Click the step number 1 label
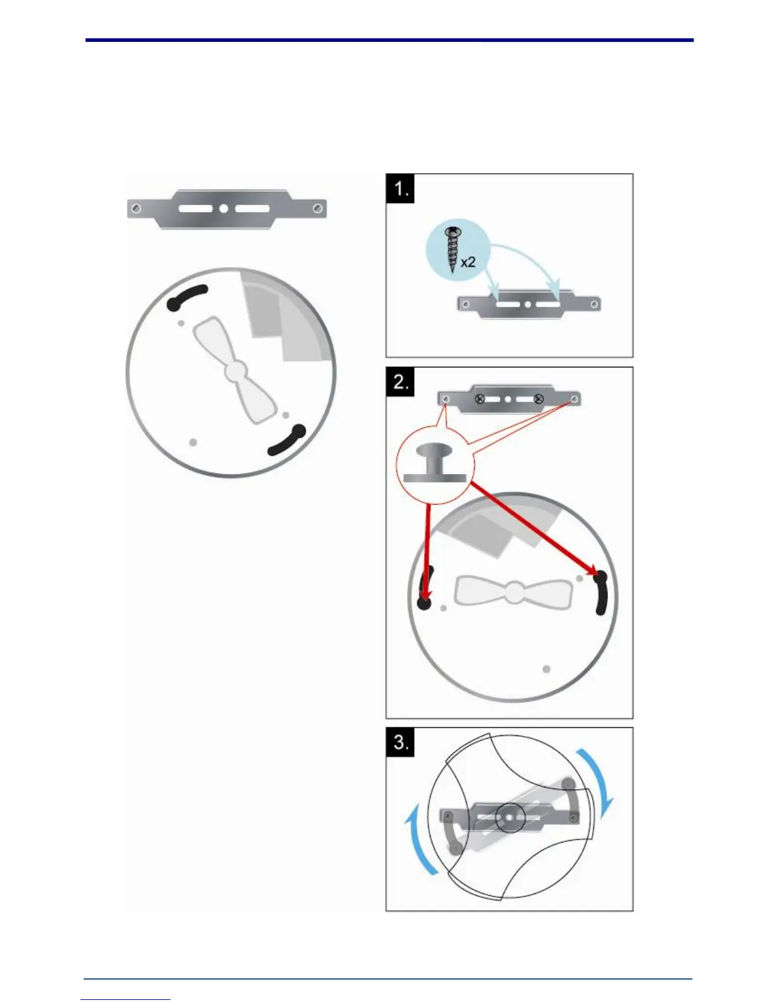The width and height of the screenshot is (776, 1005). click(x=400, y=188)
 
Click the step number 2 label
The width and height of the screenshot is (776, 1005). click(x=400, y=381)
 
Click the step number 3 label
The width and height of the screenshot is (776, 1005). click(x=401, y=742)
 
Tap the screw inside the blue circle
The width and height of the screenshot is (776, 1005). click(x=454, y=249)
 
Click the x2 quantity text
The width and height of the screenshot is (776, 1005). click(x=468, y=261)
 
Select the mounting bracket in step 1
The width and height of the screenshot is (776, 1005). click(x=528, y=305)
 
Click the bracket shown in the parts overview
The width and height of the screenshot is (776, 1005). click(x=226, y=208)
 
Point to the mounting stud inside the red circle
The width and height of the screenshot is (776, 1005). click(x=434, y=461)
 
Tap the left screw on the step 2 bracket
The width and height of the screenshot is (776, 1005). click(x=480, y=399)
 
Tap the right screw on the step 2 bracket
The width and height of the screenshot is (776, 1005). click(x=538, y=399)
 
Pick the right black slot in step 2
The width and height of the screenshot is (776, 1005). click(x=600, y=593)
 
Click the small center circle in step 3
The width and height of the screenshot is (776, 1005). click(x=509, y=818)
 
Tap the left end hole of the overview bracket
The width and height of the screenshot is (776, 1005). click(x=135, y=208)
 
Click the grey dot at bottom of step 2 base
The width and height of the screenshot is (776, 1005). click(x=546, y=669)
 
